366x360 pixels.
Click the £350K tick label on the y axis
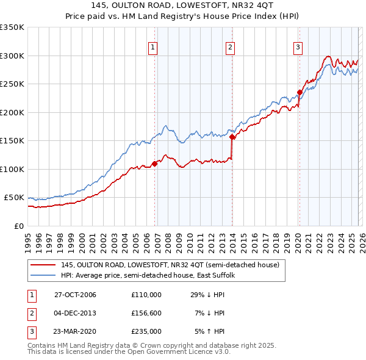pos(12,27)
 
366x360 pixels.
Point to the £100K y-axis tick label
pos(12,169)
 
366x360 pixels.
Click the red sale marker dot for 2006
pos(155,164)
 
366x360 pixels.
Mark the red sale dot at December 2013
pos(232,137)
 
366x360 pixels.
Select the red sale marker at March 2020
pos(300,93)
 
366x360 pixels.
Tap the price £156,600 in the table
pos(146,313)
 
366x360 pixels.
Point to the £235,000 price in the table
pos(146,331)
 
